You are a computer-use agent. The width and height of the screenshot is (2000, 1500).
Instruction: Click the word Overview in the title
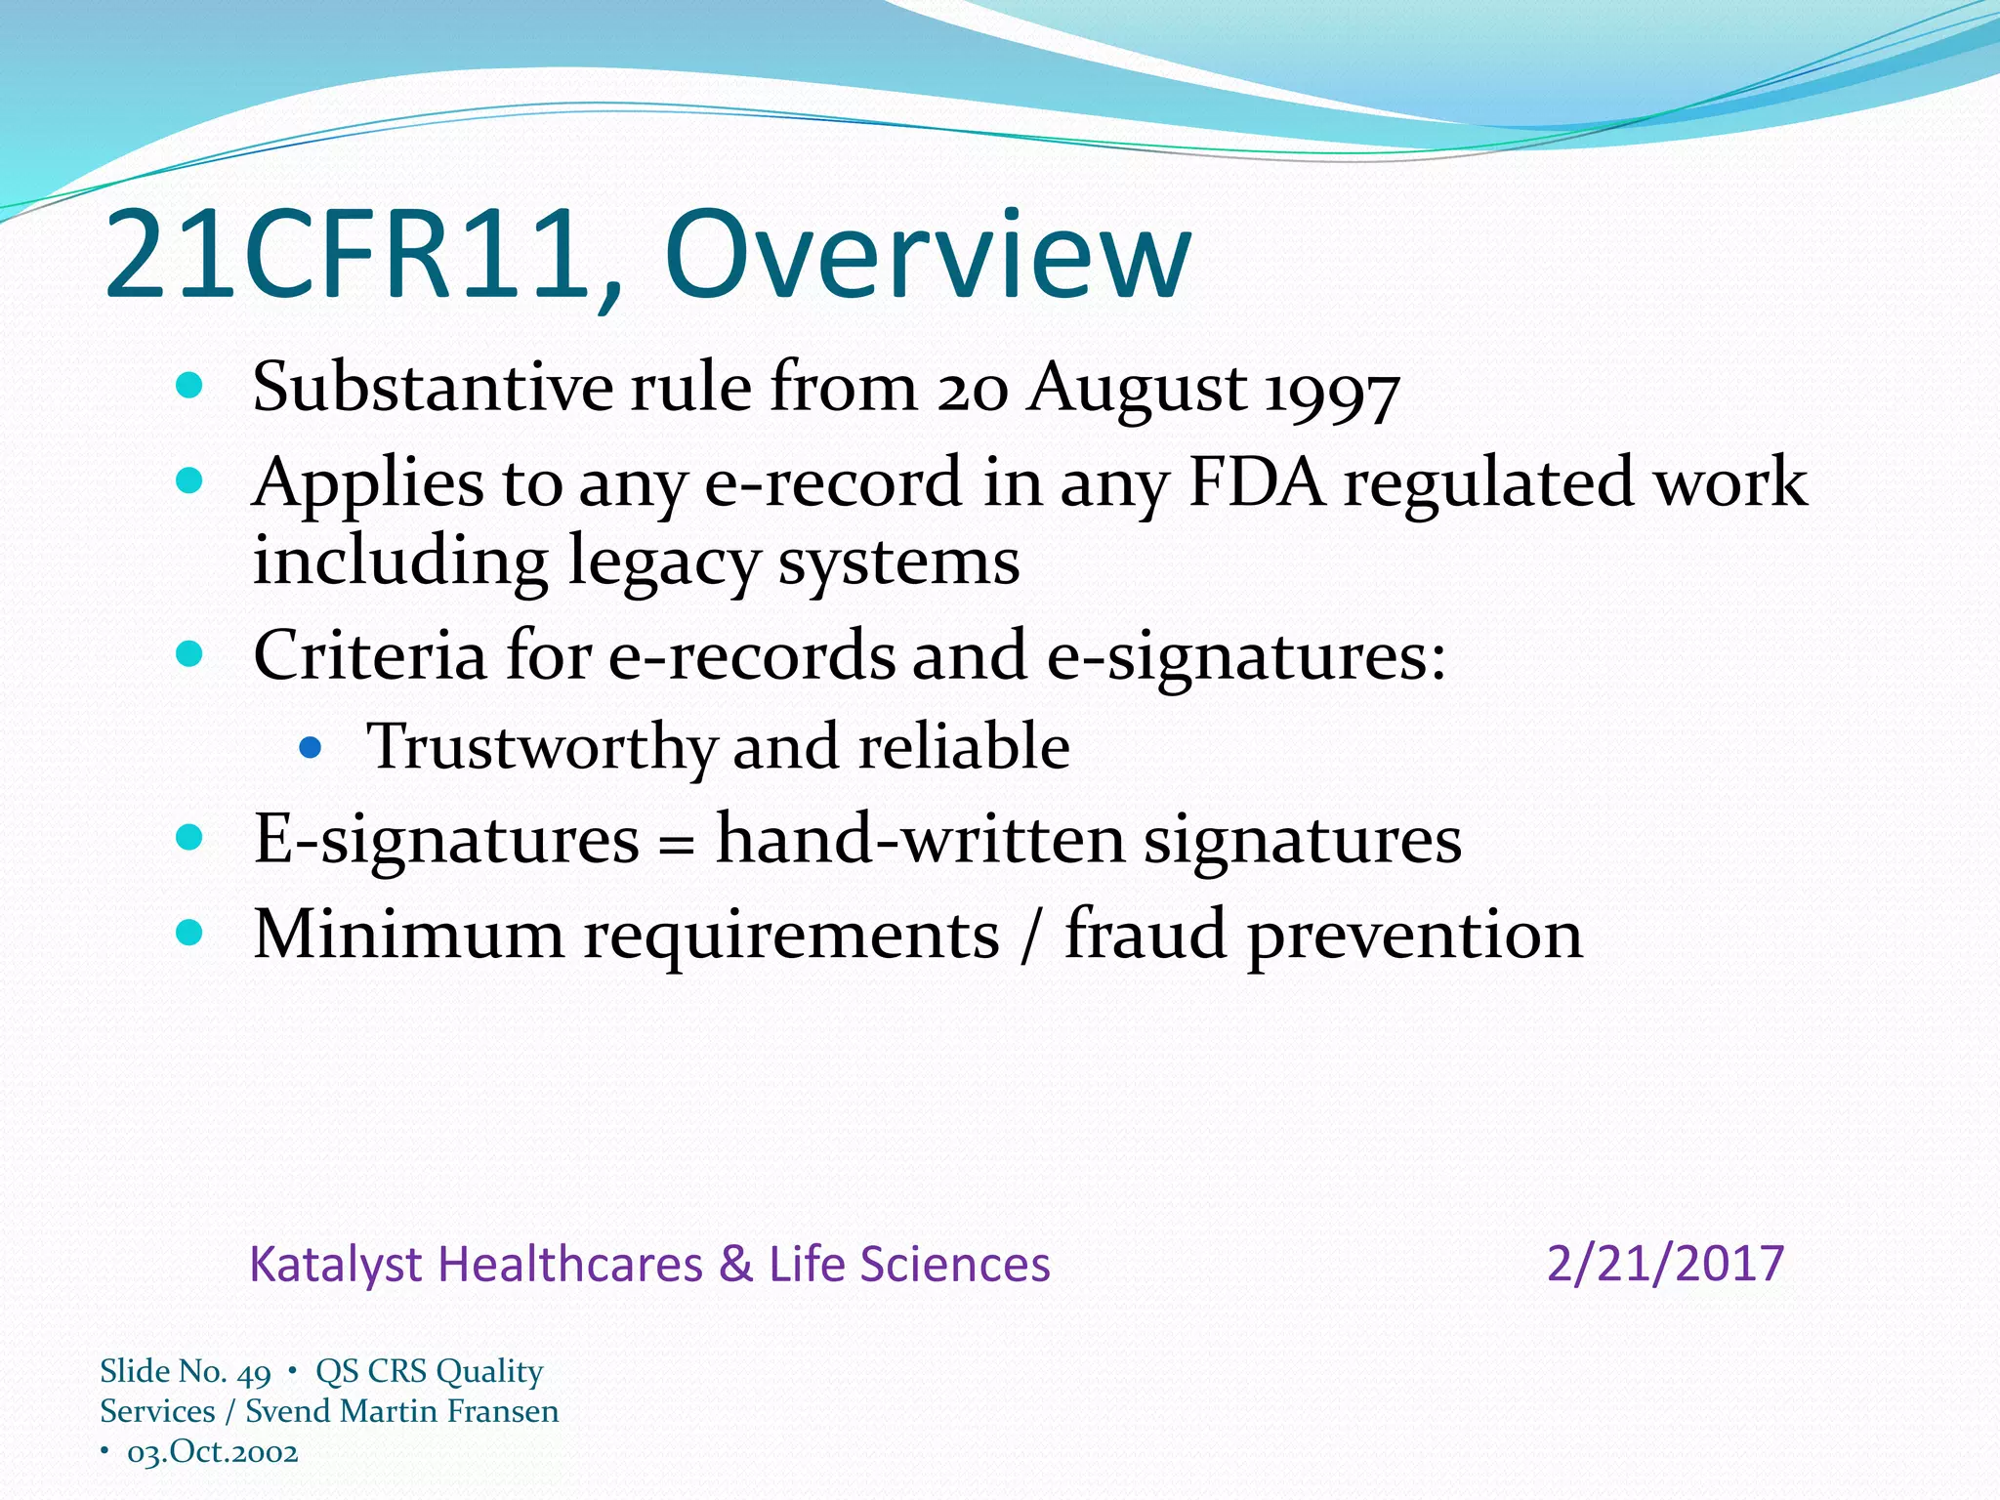[x=928, y=256]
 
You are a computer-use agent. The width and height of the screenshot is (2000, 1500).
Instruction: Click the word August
[x=1137, y=389]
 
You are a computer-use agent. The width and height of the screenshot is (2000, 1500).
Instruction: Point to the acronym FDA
[x=1257, y=481]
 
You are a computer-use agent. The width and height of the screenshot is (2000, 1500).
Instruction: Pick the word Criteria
[x=369, y=654]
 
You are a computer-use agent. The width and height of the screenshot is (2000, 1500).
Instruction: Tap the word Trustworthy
[x=541, y=747]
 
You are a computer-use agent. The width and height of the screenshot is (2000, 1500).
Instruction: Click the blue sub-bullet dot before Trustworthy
[x=311, y=748]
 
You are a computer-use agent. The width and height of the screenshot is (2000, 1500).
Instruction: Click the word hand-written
[x=920, y=839]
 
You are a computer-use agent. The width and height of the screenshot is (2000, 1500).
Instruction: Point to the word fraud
[x=1145, y=934]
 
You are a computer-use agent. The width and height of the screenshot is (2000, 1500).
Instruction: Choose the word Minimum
[x=408, y=934]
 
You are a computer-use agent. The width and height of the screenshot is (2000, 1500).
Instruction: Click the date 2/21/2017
[x=1665, y=1264]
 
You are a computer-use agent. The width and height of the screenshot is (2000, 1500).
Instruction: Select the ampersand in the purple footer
[x=735, y=1264]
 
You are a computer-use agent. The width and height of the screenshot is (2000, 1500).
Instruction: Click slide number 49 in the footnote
[x=254, y=1373]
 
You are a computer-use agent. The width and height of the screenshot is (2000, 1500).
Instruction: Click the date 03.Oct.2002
[x=212, y=1452]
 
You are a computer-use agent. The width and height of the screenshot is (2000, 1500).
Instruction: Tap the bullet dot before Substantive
[x=189, y=386]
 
